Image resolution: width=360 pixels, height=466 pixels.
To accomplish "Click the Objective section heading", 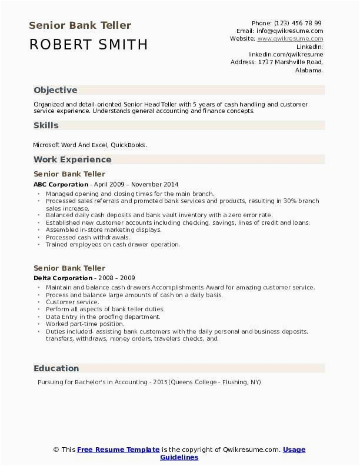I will click(x=55, y=90).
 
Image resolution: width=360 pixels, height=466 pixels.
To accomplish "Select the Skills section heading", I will click(x=46, y=125).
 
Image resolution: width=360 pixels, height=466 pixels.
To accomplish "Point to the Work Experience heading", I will click(x=72, y=159).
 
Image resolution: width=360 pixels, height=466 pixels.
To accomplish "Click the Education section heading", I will click(x=56, y=368).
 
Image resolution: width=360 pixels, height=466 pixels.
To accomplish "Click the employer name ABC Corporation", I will click(x=61, y=184).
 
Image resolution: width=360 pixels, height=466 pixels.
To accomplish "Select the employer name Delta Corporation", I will click(x=63, y=278).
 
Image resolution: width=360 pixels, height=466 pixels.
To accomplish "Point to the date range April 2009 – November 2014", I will click(x=136, y=184).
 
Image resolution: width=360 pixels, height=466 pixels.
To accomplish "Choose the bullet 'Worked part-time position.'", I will click(x=85, y=324).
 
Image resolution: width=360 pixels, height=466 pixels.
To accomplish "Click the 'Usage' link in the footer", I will click(x=294, y=450).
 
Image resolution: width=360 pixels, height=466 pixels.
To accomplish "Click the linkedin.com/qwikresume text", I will click(x=285, y=54).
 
